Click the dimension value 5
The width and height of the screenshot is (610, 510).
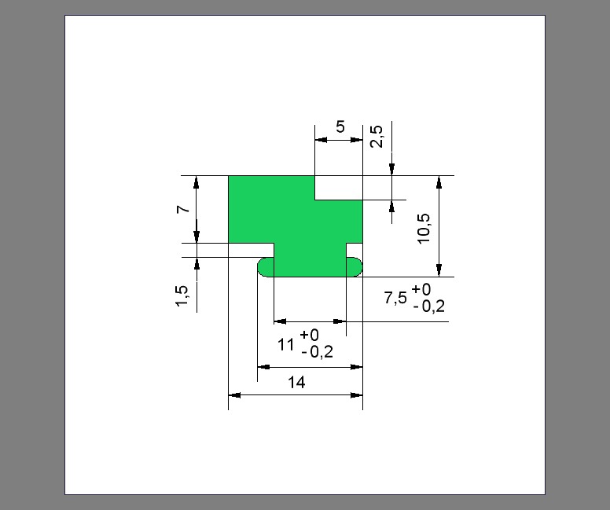pyautogui.click(x=340, y=127)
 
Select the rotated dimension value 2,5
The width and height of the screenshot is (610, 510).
pyautogui.click(x=377, y=137)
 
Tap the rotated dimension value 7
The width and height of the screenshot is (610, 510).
pyautogui.click(x=183, y=209)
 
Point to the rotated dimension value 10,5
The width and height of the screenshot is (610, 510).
pyautogui.click(x=424, y=229)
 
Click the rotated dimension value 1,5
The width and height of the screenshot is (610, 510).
pyautogui.click(x=182, y=296)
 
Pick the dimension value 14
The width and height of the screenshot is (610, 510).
pyautogui.click(x=296, y=383)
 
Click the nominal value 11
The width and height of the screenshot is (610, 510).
pyautogui.click(x=285, y=345)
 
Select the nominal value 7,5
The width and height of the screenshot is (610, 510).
pyautogui.click(x=395, y=298)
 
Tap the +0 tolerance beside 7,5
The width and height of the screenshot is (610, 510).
pyautogui.click(x=421, y=289)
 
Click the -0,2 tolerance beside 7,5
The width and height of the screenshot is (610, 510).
pyautogui.click(x=428, y=307)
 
